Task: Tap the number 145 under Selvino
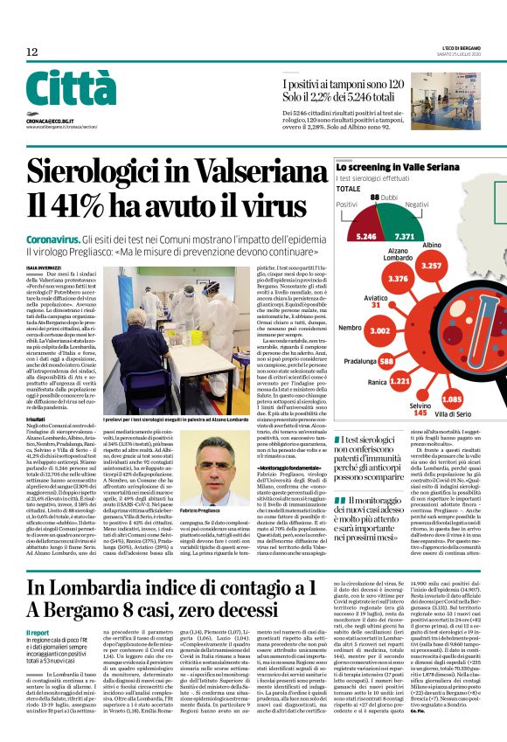(420, 413)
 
